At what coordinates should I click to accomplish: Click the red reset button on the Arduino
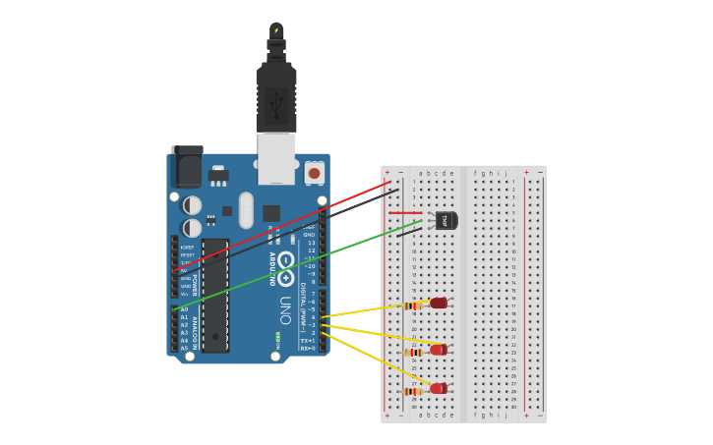tap(315, 173)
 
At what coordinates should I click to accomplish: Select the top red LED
tap(439, 304)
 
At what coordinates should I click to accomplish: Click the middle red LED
tap(439, 350)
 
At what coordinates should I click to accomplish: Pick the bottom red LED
tap(439, 388)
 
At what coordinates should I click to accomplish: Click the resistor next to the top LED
tap(414, 306)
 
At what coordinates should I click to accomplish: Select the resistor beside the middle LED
tap(414, 352)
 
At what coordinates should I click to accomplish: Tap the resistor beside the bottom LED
tap(414, 391)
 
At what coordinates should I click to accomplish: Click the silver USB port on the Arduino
tap(276, 158)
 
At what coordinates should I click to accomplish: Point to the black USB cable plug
tap(276, 98)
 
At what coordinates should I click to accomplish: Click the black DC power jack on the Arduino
tap(186, 167)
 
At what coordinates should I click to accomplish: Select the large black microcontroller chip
tap(215, 295)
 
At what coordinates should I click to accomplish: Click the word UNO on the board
tap(285, 310)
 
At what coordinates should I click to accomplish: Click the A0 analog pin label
tap(184, 309)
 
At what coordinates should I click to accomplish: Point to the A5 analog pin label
tap(184, 348)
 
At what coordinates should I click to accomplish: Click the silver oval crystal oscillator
tap(246, 209)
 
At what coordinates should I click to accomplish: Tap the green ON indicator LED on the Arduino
tap(277, 338)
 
